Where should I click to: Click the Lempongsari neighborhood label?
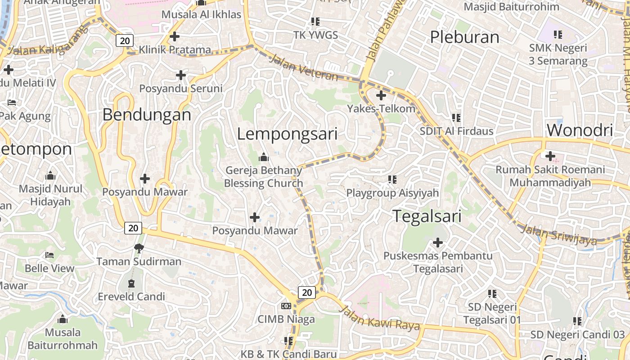[287, 134]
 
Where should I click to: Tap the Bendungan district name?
[147, 115]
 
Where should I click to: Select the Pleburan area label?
[464, 37]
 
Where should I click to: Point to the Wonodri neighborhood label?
[580, 130]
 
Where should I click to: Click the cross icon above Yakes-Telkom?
[381, 95]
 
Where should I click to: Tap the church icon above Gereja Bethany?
[264, 157]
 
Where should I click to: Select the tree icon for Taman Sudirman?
[139, 248]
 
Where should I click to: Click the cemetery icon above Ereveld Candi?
[131, 283]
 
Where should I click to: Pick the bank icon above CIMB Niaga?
[286, 306]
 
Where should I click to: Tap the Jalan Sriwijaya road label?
[558, 235]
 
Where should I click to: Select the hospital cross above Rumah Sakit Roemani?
[550, 156]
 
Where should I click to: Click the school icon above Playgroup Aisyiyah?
[392, 180]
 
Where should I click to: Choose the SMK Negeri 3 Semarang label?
[558, 54]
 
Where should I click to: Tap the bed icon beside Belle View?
[49, 255]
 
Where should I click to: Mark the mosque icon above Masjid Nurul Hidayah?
[50, 175]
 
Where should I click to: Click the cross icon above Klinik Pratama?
[175, 36]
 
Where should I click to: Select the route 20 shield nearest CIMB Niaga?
[307, 292]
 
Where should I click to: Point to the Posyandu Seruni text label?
[180, 89]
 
